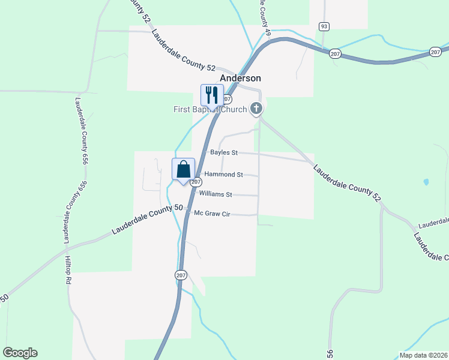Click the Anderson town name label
pos(240,78)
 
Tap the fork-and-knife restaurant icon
pos(211,95)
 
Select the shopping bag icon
pos(184,169)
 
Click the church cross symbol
pos(256,109)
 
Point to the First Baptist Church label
pos(210,109)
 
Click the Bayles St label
pos(224,152)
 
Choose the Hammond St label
pos(223,175)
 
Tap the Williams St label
pos(215,194)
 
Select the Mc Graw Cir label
pos(212,213)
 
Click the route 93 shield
pos(324,26)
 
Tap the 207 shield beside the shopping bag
pos(196,181)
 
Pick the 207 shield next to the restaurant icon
pos(227,98)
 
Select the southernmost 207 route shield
pos(181,275)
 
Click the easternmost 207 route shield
pos(435,53)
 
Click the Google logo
pos(20,353)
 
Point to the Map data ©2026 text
pos(423,355)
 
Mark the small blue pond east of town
pos(426,181)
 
